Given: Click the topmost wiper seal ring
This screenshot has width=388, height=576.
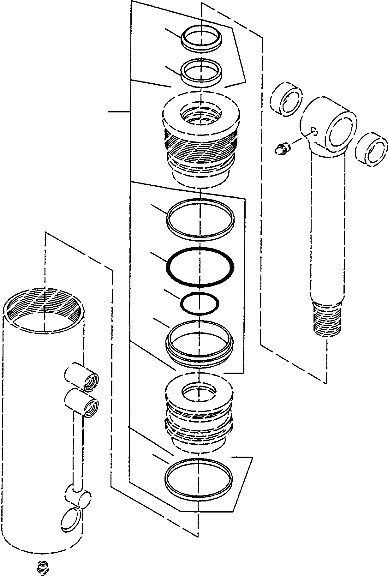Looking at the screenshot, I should click(x=201, y=37).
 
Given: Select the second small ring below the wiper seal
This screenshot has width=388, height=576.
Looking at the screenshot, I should click(x=201, y=72).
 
